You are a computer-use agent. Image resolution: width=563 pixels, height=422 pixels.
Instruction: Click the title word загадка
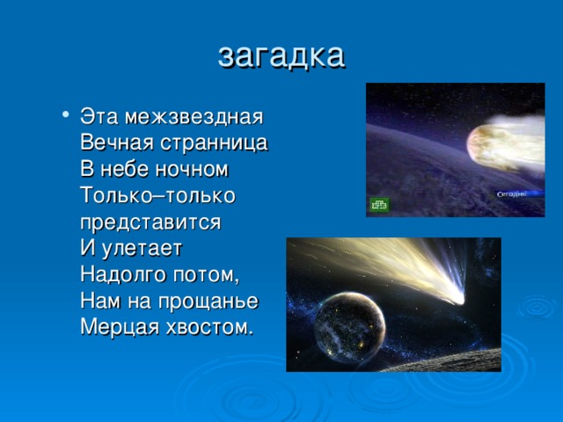point(281,54)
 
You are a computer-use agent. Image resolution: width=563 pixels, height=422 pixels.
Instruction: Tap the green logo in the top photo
point(380,205)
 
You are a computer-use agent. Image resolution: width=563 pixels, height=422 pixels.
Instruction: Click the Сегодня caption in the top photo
point(512,193)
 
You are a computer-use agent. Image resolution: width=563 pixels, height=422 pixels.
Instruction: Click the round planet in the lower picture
point(349,316)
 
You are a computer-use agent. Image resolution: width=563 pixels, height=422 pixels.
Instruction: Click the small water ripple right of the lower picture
point(536,307)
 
